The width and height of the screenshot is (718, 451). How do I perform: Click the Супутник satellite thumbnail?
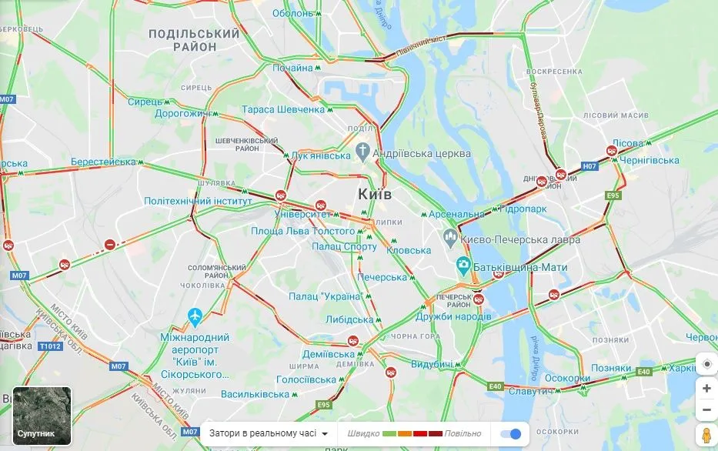click(x=42, y=416)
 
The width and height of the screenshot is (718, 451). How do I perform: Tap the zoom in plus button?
click(x=706, y=389)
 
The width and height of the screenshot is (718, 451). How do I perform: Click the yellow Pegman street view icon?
click(x=706, y=433)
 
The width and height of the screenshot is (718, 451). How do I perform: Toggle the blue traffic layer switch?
click(x=510, y=433)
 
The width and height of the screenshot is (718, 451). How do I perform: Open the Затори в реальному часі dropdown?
click(x=269, y=433)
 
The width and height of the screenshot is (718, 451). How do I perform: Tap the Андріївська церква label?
click(x=421, y=154)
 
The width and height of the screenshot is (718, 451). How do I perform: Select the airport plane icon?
click(x=195, y=316)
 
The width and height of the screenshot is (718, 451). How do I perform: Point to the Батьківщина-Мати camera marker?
click(x=463, y=266)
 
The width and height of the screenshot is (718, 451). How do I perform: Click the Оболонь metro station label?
click(x=293, y=13)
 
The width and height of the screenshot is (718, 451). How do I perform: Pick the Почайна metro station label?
click(x=292, y=68)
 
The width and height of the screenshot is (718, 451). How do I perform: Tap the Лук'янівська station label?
click(x=320, y=155)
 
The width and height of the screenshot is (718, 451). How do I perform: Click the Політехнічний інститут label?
click(x=199, y=201)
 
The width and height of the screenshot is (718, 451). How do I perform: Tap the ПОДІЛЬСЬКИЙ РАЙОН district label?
click(x=194, y=40)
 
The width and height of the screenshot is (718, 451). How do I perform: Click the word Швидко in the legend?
click(x=363, y=433)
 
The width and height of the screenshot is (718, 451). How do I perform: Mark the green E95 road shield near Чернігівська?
click(x=613, y=196)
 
